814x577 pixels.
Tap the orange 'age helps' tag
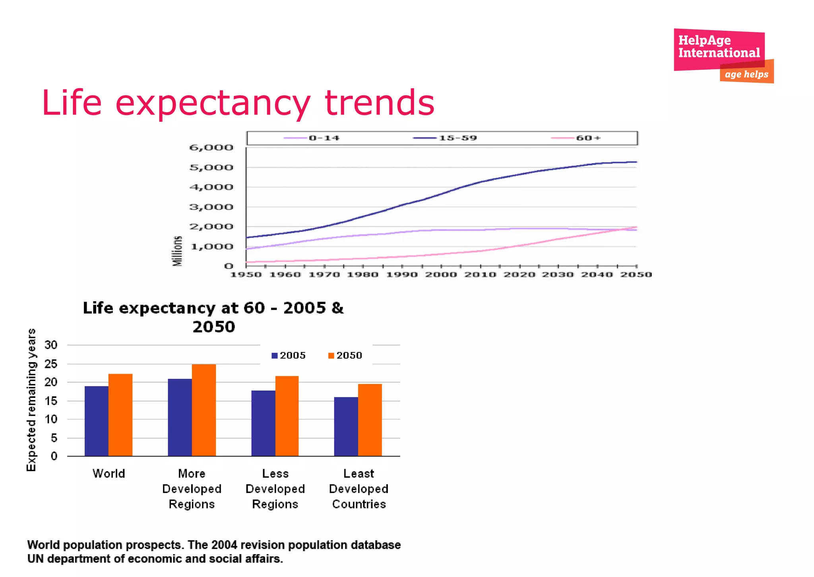pyautogui.click(x=746, y=74)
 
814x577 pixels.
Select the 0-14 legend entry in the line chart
pyautogui.click(x=312, y=138)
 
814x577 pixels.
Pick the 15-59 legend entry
pyautogui.click(x=445, y=138)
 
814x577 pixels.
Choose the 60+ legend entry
pyautogui.click(x=576, y=138)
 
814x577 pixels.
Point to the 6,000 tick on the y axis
pyautogui.click(x=211, y=148)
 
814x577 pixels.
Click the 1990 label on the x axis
pyautogui.click(x=402, y=275)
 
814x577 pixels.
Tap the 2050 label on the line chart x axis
pyautogui.click(x=636, y=275)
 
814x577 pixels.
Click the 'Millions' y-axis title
pyautogui.click(x=177, y=251)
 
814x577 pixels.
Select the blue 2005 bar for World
pyautogui.click(x=96, y=421)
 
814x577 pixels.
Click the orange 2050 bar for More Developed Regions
pyautogui.click(x=204, y=410)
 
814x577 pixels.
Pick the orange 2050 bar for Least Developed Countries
pyautogui.click(x=370, y=420)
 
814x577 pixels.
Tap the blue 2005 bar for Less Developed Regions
pyautogui.click(x=263, y=423)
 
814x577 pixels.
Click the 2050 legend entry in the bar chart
pyautogui.click(x=345, y=355)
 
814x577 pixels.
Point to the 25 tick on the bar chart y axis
pyautogui.click(x=51, y=364)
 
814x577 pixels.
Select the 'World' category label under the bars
pyautogui.click(x=109, y=474)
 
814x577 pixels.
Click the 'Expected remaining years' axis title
pyautogui.click(x=31, y=400)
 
